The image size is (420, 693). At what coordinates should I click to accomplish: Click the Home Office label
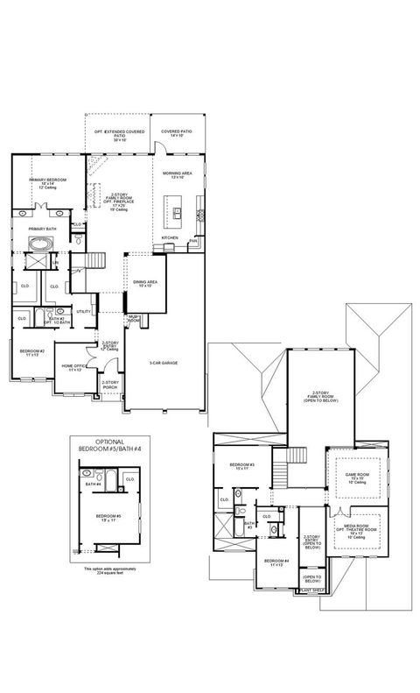coord(72,368)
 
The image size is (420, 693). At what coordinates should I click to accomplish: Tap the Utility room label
coord(84,311)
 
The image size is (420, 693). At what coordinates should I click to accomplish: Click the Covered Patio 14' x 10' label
coord(177,133)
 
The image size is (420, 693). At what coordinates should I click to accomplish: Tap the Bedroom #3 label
coord(241,466)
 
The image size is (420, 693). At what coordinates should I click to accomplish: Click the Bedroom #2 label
coord(31,352)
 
